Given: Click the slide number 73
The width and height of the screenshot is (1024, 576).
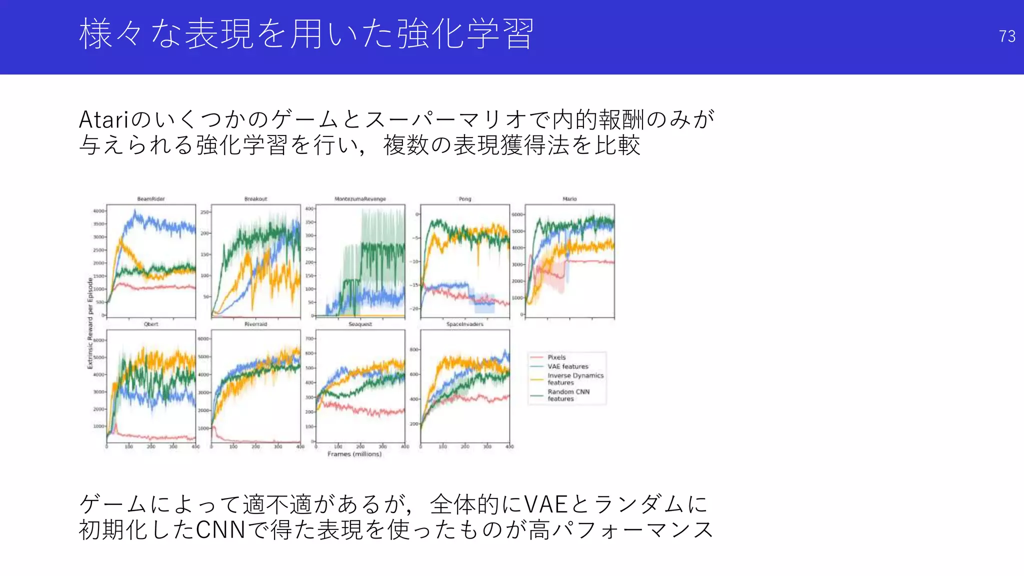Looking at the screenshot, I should pos(1006,36).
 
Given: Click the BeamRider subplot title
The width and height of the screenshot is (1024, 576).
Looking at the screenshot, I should pos(150,199).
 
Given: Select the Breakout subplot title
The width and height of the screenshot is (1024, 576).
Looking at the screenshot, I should pos(255,199).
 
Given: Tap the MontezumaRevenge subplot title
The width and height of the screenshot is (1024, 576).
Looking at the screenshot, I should pos(360,199).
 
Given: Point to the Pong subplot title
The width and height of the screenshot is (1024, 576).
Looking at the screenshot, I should pos(465,199).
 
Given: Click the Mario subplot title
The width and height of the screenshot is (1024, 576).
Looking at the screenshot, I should pos(569,199).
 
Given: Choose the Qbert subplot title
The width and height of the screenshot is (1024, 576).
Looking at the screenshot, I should pos(150,324).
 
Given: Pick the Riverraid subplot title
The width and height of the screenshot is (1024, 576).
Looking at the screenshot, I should pos(255,324).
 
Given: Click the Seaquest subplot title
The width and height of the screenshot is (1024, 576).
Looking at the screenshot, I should pos(360,324).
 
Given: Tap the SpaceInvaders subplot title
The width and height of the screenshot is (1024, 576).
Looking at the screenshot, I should pos(465,324).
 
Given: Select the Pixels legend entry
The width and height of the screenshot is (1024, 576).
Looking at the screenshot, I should pos(556,357).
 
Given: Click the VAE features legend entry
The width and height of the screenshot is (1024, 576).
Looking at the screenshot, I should pos(567,366).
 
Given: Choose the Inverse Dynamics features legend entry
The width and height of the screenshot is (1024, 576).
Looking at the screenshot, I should pos(575,378).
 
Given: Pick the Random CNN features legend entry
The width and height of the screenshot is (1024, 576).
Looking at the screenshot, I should pos(568,395).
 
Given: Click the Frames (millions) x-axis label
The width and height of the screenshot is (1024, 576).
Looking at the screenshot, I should pos(354,454).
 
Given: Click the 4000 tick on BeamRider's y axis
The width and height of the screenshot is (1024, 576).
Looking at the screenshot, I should pos(98,211).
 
